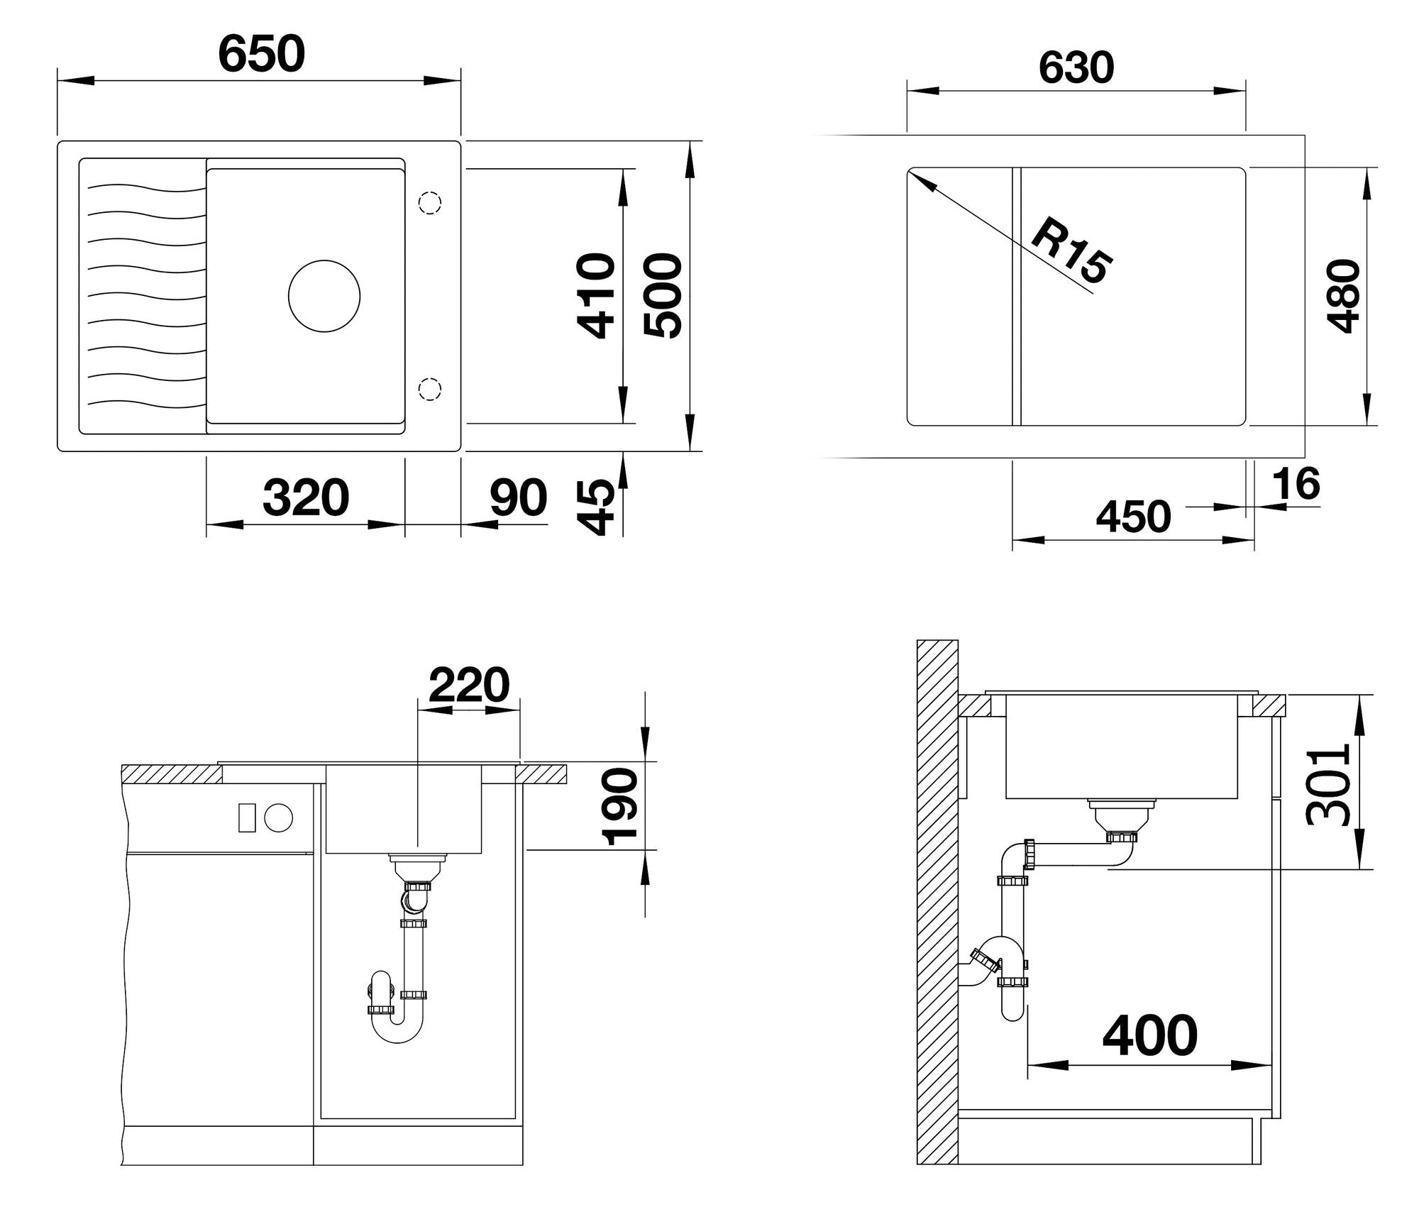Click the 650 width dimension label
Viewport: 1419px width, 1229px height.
tap(262, 54)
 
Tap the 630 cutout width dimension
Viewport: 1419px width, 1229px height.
tap(1076, 68)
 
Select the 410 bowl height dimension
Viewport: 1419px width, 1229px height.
tap(595, 296)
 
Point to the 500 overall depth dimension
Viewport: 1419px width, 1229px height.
tap(663, 296)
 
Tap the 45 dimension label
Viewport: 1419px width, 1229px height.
tap(595, 507)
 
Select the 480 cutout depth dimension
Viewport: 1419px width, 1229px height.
tap(1343, 296)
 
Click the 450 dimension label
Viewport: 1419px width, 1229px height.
tap(1133, 517)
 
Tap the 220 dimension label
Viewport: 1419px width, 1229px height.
tap(469, 685)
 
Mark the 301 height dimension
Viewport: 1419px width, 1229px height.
tap(1327, 785)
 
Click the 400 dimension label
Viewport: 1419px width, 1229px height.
tap(1150, 1037)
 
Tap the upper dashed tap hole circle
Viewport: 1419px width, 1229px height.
tap(429, 203)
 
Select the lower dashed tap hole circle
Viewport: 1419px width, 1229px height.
tap(429, 389)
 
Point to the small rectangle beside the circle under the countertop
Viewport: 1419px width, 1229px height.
tap(246, 817)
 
